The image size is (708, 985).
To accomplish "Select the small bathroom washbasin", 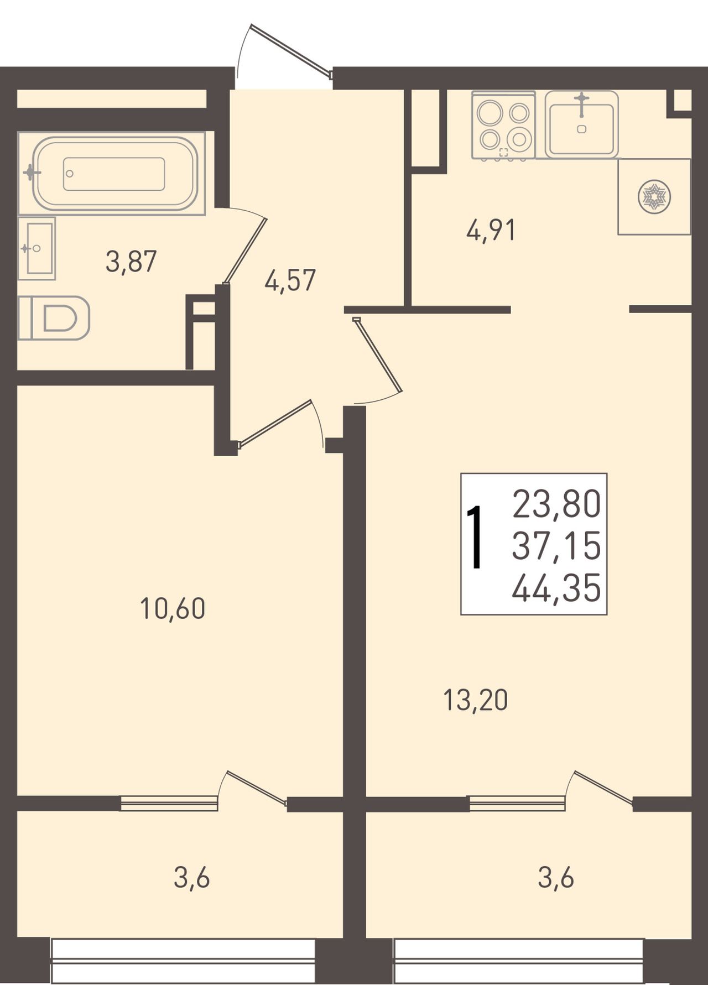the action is click(37, 248).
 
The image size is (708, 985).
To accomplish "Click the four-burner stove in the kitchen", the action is click(504, 126).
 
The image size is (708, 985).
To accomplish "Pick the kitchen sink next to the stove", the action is click(581, 124).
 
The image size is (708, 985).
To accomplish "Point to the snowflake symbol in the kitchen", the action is click(654, 196).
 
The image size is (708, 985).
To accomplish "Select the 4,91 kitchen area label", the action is click(491, 230).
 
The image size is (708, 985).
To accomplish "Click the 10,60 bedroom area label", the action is click(173, 608).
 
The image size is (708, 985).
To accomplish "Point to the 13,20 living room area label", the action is click(476, 700).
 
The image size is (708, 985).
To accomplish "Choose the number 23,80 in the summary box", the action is click(556, 504).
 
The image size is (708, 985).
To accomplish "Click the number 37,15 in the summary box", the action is click(556, 546).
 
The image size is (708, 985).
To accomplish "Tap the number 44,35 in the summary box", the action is click(556, 588).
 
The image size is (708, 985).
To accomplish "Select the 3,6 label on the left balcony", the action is click(191, 877).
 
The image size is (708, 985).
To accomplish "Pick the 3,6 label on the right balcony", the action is click(556, 877).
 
